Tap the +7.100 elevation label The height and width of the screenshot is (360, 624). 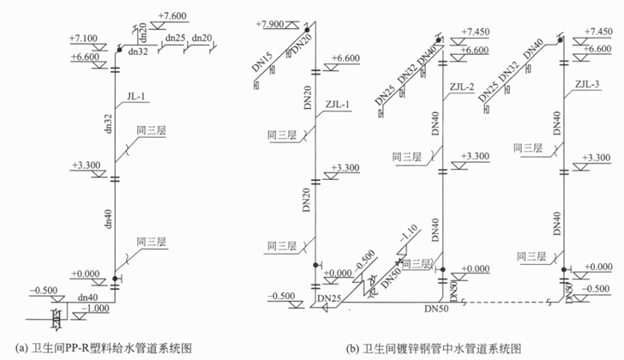89,39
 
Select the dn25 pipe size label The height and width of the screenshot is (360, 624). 175,38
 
